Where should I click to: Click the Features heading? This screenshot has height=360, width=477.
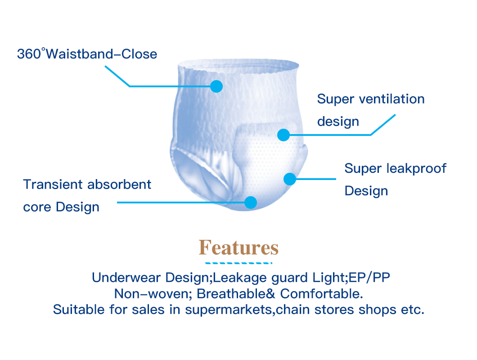pyautogui.click(x=238, y=248)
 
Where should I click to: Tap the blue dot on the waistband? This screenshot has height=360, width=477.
pyautogui.click(x=216, y=86)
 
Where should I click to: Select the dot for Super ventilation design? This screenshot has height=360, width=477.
pyautogui.click(x=283, y=135)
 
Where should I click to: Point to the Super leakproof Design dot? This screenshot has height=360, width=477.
pyautogui.click(x=290, y=179)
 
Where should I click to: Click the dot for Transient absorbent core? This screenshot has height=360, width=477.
pyautogui.click(x=251, y=202)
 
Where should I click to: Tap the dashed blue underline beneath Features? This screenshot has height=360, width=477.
pyautogui.click(x=238, y=262)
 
